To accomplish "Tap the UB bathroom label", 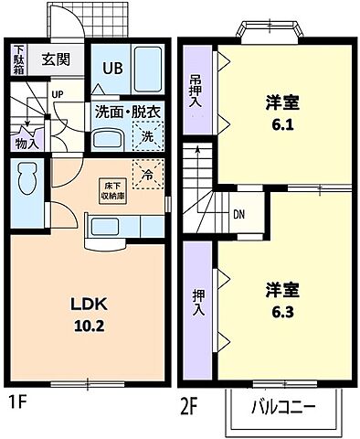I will coord(111,68).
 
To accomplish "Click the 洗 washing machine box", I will coord(147,137).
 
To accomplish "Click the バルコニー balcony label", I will coord(284,405).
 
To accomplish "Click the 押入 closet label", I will coord(198,304).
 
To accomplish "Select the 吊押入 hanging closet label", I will coord(196,91).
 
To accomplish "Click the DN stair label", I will coord(238,215).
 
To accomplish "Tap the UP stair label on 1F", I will coord(58,94).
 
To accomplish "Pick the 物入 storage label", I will coord(26,144).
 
